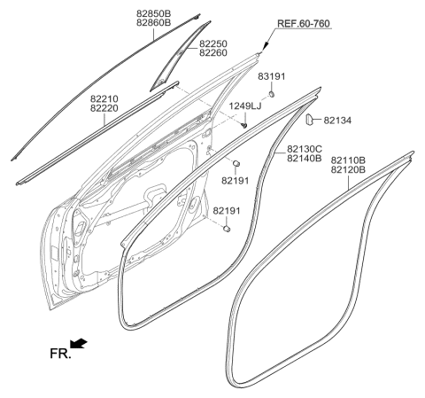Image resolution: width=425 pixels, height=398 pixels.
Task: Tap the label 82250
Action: [x=213, y=43]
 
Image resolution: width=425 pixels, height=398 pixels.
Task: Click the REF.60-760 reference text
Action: [x=301, y=24]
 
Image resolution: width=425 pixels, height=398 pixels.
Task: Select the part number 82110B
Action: [x=351, y=160]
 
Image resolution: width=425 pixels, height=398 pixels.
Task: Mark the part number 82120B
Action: [x=351, y=170]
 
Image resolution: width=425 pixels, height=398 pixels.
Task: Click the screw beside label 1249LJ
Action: [x=242, y=123]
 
